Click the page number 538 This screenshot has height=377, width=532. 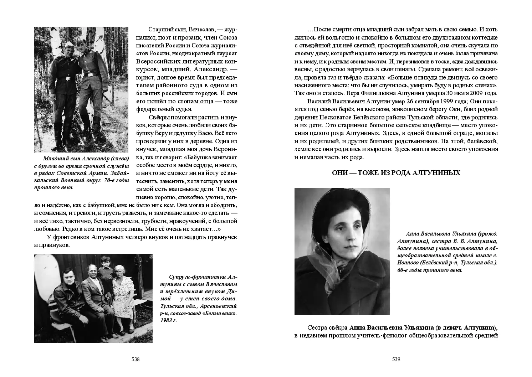[x=135, y=359]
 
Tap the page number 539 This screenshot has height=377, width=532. [x=396, y=359]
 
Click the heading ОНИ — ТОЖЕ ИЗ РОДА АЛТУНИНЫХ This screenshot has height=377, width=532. [x=396, y=173]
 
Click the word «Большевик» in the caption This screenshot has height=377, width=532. [x=221, y=313]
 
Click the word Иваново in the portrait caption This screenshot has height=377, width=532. [x=407, y=263]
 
